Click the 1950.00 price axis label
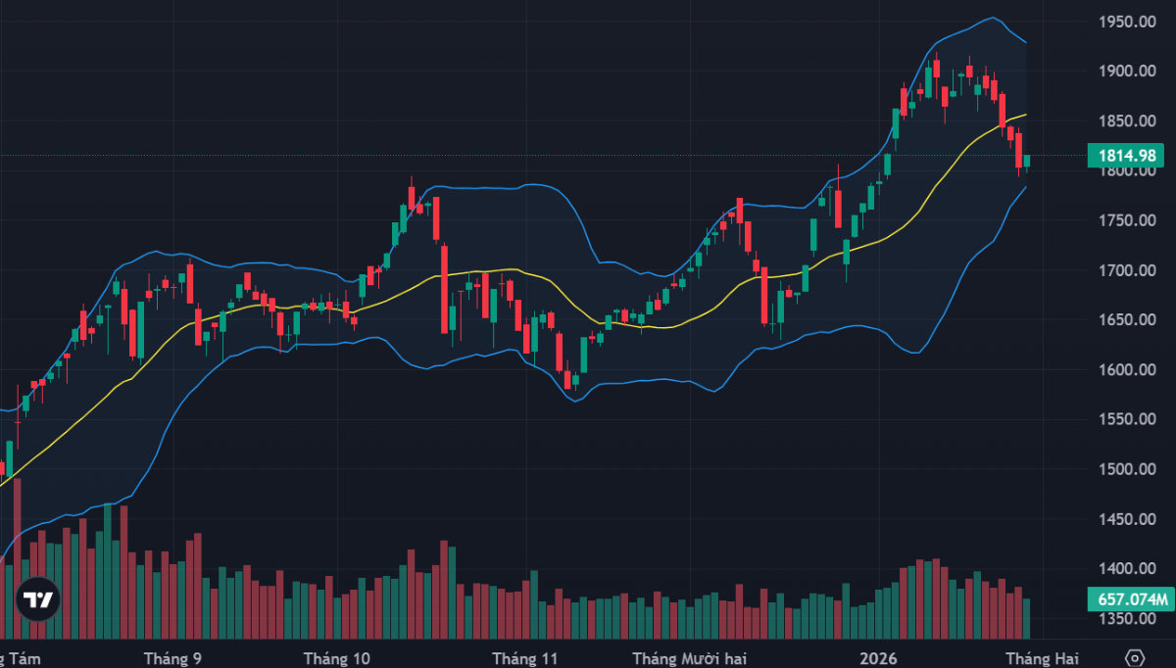point(1126,22)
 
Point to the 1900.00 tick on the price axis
point(1126,72)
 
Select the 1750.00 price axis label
point(1126,220)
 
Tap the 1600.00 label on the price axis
point(1126,370)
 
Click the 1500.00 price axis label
point(1126,469)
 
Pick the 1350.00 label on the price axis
point(1126,619)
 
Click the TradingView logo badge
point(38,598)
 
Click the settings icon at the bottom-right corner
point(1135,657)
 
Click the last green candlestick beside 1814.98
point(1027,161)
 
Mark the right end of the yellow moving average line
point(1026,115)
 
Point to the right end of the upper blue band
point(1026,43)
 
